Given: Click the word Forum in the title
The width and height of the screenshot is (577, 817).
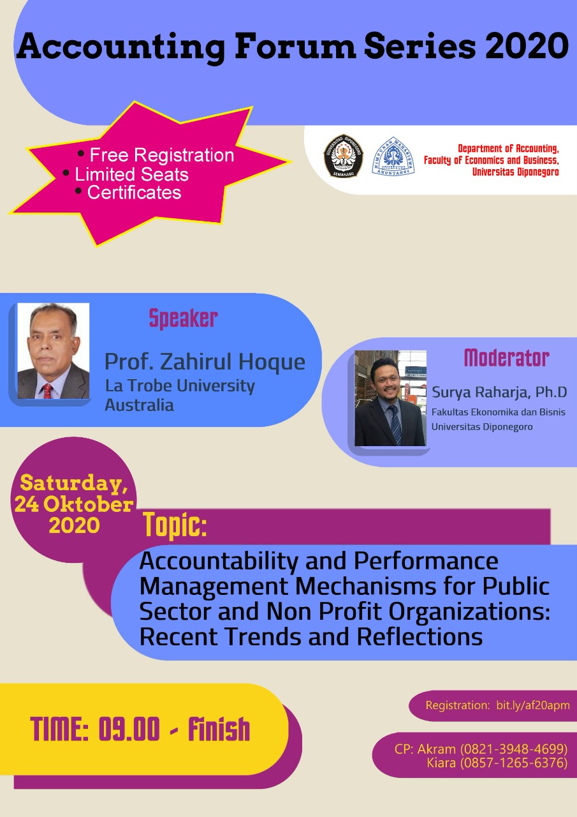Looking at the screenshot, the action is (x=295, y=47).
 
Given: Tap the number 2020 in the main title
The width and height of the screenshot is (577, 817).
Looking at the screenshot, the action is (x=527, y=47).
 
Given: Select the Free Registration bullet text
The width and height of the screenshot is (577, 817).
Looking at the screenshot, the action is (x=162, y=155).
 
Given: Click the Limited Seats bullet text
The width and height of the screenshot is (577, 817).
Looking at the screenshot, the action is (x=131, y=174).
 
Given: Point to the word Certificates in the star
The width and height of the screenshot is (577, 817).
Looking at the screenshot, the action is (x=134, y=193).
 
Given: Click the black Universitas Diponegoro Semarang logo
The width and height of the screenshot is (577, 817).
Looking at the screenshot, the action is (x=344, y=156).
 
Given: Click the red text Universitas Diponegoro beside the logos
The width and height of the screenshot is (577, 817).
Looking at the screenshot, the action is (x=515, y=172).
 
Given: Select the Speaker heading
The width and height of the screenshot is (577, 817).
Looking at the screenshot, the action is (x=184, y=319).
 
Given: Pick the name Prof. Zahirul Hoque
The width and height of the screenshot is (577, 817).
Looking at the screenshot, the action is (x=205, y=362).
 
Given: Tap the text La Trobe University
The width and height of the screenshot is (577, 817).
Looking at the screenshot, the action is (x=180, y=386).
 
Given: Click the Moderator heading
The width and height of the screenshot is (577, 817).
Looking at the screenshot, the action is (x=507, y=358).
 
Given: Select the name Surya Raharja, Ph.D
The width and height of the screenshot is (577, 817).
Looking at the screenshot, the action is (x=499, y=392).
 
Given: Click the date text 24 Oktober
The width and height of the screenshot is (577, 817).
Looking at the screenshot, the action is (x=74, y=505).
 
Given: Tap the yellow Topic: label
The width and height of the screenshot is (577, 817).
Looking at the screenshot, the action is (x=175, y=525).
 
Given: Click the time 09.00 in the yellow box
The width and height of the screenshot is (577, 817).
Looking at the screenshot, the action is (x=129, y=728).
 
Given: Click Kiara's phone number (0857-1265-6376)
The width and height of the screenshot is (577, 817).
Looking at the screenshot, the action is (x=514, y=763).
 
